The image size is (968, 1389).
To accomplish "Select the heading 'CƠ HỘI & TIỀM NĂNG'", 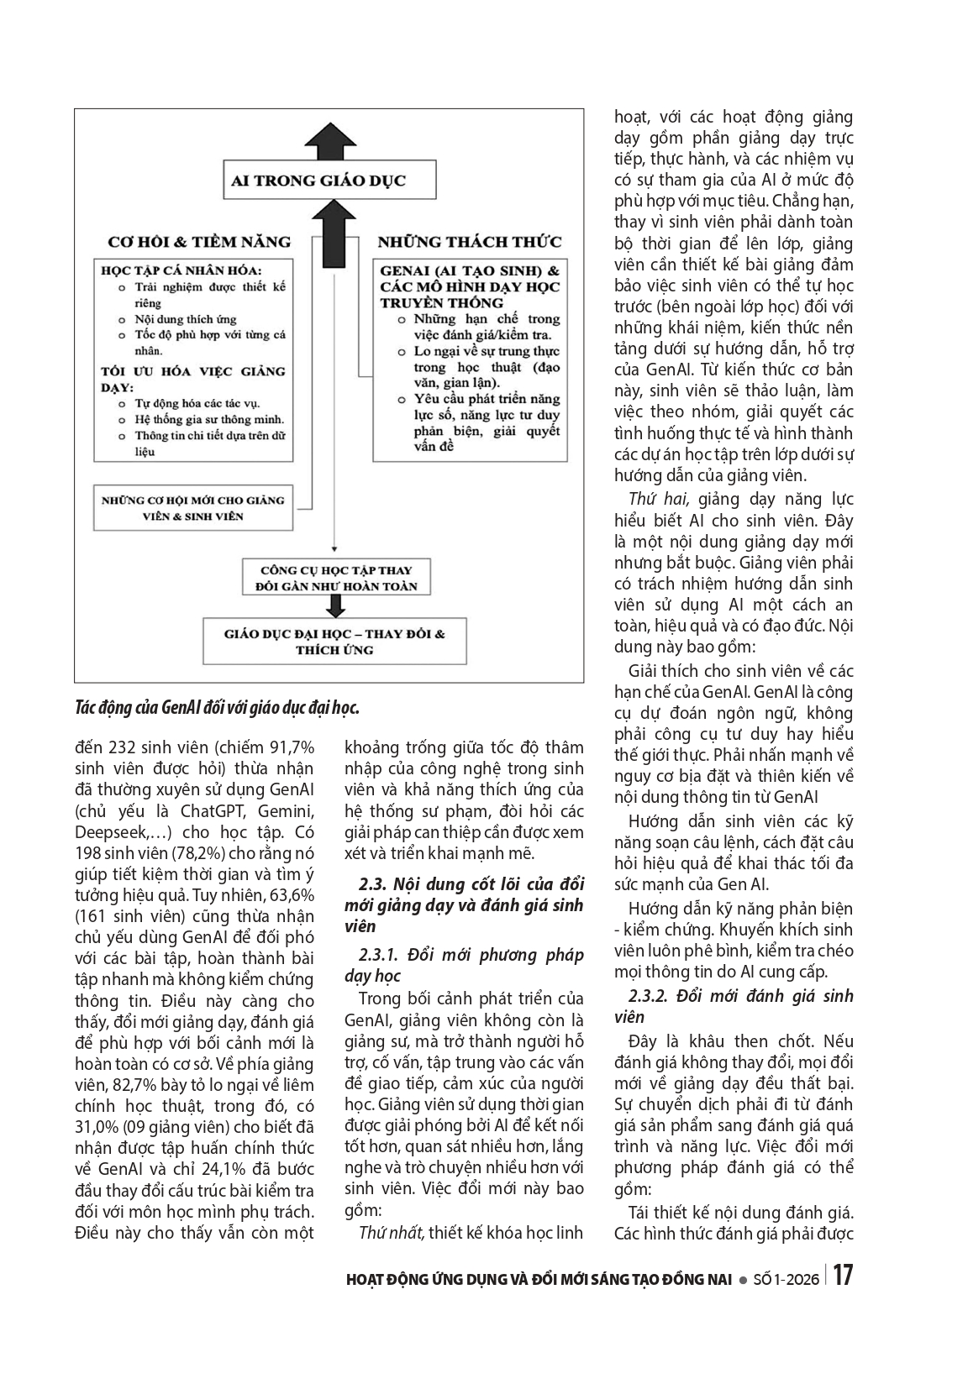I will [x=199, y=243].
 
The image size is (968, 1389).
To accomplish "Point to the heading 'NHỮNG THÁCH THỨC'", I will [x=469, y=243].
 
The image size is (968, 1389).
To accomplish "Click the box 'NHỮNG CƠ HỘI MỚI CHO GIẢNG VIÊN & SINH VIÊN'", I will [x=193, y=508].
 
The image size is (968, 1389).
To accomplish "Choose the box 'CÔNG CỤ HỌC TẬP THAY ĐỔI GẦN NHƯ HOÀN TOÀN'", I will [x=336, y=578].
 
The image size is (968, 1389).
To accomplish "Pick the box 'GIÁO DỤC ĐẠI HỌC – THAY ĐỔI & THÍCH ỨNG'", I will [x=334, y=642].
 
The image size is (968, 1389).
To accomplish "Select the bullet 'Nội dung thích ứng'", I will [x=186, y=319].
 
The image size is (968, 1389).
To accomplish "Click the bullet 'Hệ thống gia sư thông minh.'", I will [x=209, y=419].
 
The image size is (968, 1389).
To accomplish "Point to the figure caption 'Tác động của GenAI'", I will [x=217, y=708].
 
